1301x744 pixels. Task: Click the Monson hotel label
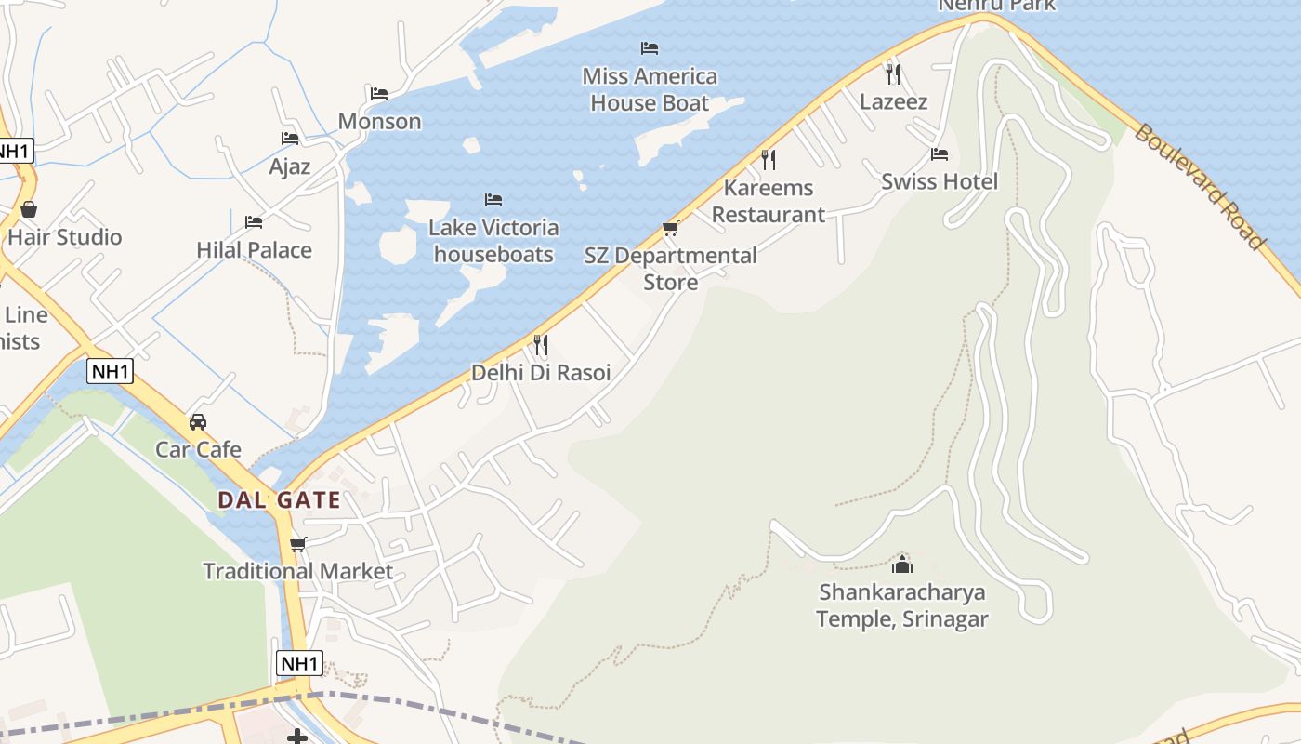[379, 122]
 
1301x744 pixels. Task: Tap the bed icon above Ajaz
[290, 139]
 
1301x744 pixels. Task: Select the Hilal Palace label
[254, 250]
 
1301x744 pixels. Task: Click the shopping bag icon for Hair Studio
[29, 209]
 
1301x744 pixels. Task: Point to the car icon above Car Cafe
[198, 422]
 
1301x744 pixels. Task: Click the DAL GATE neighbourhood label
[279, 500]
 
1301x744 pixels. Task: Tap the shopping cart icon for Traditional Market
[297, 544]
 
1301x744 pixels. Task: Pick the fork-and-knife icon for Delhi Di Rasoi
[540, 345]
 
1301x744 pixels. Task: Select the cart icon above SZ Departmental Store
[670, 228]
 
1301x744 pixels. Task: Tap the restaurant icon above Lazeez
[892, 74]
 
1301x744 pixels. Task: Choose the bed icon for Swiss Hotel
[940, 154]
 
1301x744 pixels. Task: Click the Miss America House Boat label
[650, 89]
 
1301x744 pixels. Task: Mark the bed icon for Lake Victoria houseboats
[493, 200]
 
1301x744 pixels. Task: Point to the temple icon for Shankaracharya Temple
[901, 565]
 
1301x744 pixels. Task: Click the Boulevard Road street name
[1199, 186]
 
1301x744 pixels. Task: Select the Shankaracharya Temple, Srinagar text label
[901, 605]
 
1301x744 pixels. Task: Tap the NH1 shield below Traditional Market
[299, 663]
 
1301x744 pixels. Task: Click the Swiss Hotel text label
[940, 181]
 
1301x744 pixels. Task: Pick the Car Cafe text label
[198, 450]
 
